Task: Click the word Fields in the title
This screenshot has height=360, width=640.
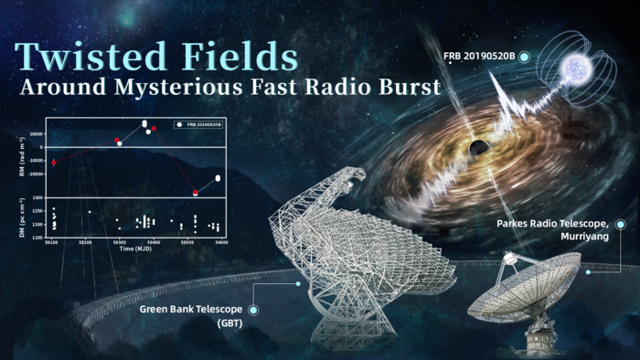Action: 243,57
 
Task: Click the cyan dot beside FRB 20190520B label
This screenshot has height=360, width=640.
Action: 524,57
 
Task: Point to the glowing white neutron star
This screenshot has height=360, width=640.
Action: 579,63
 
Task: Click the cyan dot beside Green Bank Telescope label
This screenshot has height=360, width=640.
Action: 253,310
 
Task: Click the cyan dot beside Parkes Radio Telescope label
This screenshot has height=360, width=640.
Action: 621,223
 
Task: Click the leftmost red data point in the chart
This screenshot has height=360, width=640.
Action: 54,163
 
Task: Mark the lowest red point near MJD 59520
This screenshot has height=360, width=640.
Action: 195,192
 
